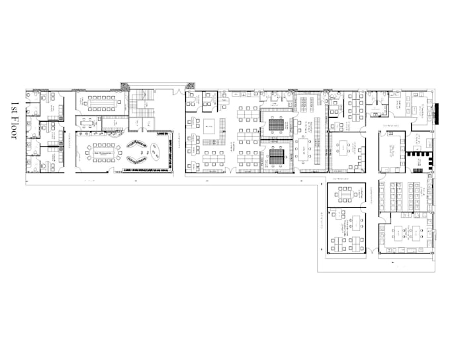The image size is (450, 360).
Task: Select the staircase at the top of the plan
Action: (x=140, y=104)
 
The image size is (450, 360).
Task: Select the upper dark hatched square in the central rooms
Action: (x=275, y=123)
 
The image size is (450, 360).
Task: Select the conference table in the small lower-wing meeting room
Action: (x=345, y=193)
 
